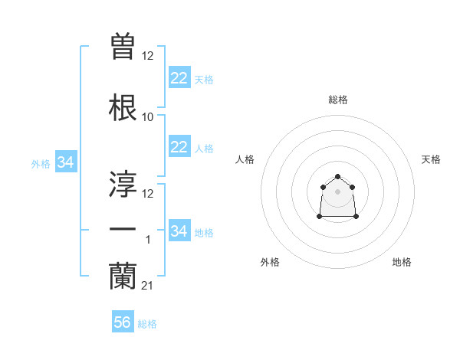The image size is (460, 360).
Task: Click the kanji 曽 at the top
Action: (123, 47)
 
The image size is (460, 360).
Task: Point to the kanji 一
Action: (123, 229)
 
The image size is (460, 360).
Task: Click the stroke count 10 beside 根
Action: (148, 117)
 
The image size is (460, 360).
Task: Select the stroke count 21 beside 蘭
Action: (148, 286)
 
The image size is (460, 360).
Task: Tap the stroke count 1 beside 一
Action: (148, 240)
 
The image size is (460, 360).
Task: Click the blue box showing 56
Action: (123, 322)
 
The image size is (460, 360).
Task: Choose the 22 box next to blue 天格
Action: (179, 78)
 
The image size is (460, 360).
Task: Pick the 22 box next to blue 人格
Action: (179, 147)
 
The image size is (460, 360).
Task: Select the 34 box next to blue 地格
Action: (179, 231)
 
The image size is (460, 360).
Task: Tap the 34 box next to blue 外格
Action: (65, 162)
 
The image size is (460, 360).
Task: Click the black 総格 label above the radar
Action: (338, 100)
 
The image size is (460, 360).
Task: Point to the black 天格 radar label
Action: (431, 159)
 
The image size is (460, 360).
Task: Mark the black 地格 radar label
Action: (402, 262)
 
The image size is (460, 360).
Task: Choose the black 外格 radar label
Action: (270, 262)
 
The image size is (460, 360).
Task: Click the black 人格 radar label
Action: (245, 159)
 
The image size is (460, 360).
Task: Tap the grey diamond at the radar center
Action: (338, 191)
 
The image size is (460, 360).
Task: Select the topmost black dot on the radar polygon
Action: (338, 177)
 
